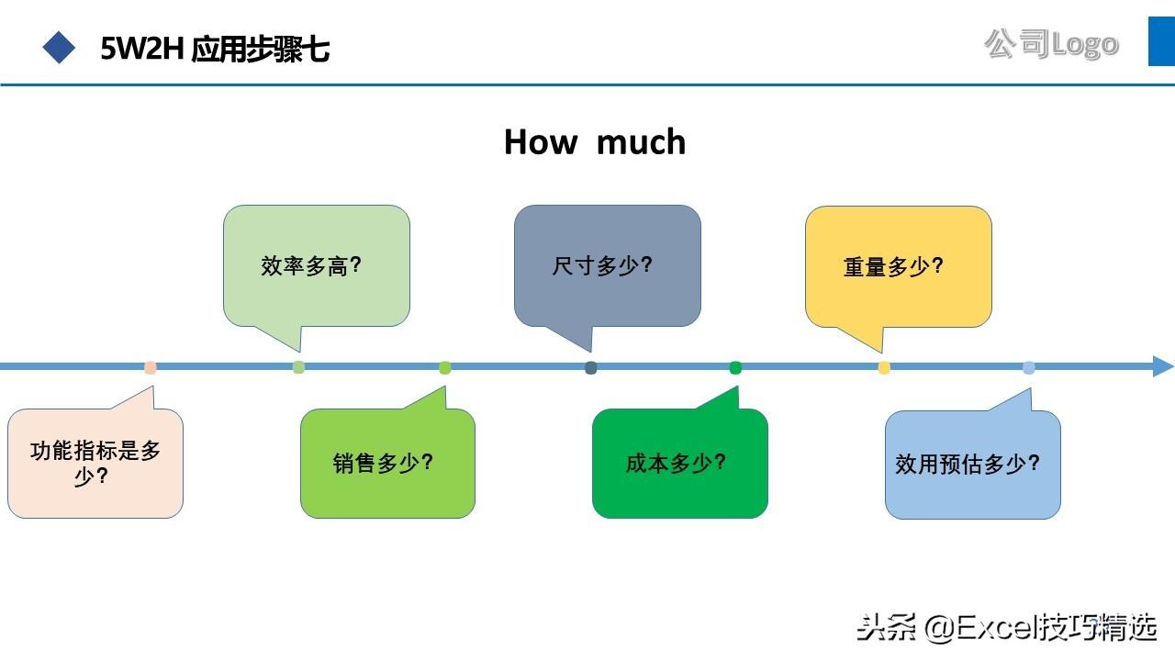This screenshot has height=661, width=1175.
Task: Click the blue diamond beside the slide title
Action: (x=60, y=47)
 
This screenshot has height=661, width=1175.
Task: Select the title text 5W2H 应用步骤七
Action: (x=215, y=49)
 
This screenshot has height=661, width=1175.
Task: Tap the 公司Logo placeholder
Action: (x=1051, y=43)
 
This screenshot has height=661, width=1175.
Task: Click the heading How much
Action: (x=595, y=142)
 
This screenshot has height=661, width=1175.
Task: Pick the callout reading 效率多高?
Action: (x=316, y=266)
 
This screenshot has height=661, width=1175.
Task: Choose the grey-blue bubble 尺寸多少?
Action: (x=607, y=266)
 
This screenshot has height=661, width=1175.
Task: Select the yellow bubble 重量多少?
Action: (x=898, y=266)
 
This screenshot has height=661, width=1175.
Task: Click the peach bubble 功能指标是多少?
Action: (x=95, y=463)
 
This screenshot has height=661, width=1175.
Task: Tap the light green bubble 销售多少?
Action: (x=387, y=463)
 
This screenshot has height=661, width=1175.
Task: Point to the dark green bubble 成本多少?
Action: (x=679, y=463)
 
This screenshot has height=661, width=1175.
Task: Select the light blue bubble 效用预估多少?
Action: (x=972, y=463)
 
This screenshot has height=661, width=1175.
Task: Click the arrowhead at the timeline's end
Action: (x=1162, y=366)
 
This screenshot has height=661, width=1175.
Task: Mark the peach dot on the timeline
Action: (x=151, y=368)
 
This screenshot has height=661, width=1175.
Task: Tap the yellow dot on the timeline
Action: (x=884, y=368)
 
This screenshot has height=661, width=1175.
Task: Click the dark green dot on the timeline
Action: (x=735, y=368)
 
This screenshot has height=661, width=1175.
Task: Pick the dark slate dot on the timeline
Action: (x=591, y=368)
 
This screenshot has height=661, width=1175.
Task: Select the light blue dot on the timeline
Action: (x=1029, y=368)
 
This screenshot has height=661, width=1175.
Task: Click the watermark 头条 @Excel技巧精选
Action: (x=1006, y=628)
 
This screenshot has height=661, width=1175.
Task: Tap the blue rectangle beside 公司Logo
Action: (x=1161, y=41)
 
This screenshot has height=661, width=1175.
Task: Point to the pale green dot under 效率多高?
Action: (x=298, y=367)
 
